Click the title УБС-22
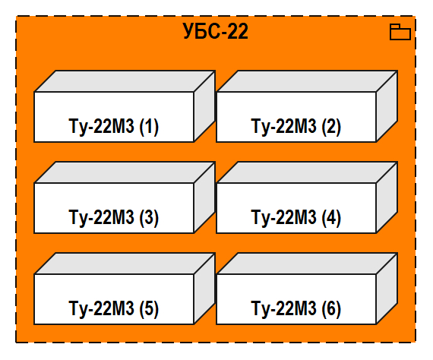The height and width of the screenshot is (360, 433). [216, 32]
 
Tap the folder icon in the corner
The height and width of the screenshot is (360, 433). [400, 32]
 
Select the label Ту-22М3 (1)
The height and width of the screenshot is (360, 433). [114, 127]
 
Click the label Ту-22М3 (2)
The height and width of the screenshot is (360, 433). [296, 127]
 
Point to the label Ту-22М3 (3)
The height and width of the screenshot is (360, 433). [114, 218]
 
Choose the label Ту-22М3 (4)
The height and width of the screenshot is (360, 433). [296, 218]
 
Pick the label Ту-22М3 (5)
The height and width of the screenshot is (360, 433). [114, 309]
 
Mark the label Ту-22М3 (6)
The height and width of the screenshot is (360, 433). [296, 309]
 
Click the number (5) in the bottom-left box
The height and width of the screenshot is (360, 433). [149, 309]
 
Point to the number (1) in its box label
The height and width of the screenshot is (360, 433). [149, 127]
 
